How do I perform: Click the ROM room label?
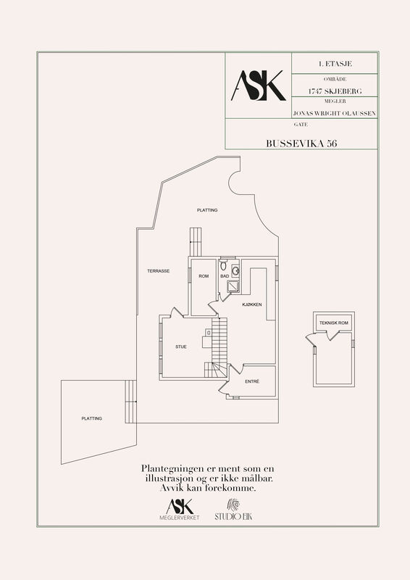[204, 276]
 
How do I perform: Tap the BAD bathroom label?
[225, 276]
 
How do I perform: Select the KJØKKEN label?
[252, 304]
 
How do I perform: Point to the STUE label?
[181, 347]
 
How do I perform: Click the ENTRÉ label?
[252, 381]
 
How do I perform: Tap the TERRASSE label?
[158, 270]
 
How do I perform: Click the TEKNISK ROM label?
[334, 323]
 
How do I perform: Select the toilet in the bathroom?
[223, 265]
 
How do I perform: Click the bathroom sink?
[235, 270]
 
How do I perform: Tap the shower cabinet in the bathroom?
[233, 286]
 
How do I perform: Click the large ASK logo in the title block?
[259, 86]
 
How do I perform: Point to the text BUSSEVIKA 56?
[301, 144]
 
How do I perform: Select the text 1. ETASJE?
[335, 64]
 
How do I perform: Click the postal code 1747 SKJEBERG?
[335, 91]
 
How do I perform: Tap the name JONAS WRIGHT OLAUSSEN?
[335, 113]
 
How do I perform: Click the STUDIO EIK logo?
[233, 510]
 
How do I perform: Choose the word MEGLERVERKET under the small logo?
[180, 518]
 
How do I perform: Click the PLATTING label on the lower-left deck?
[92, 418]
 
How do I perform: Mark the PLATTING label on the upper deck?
[207, 210]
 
